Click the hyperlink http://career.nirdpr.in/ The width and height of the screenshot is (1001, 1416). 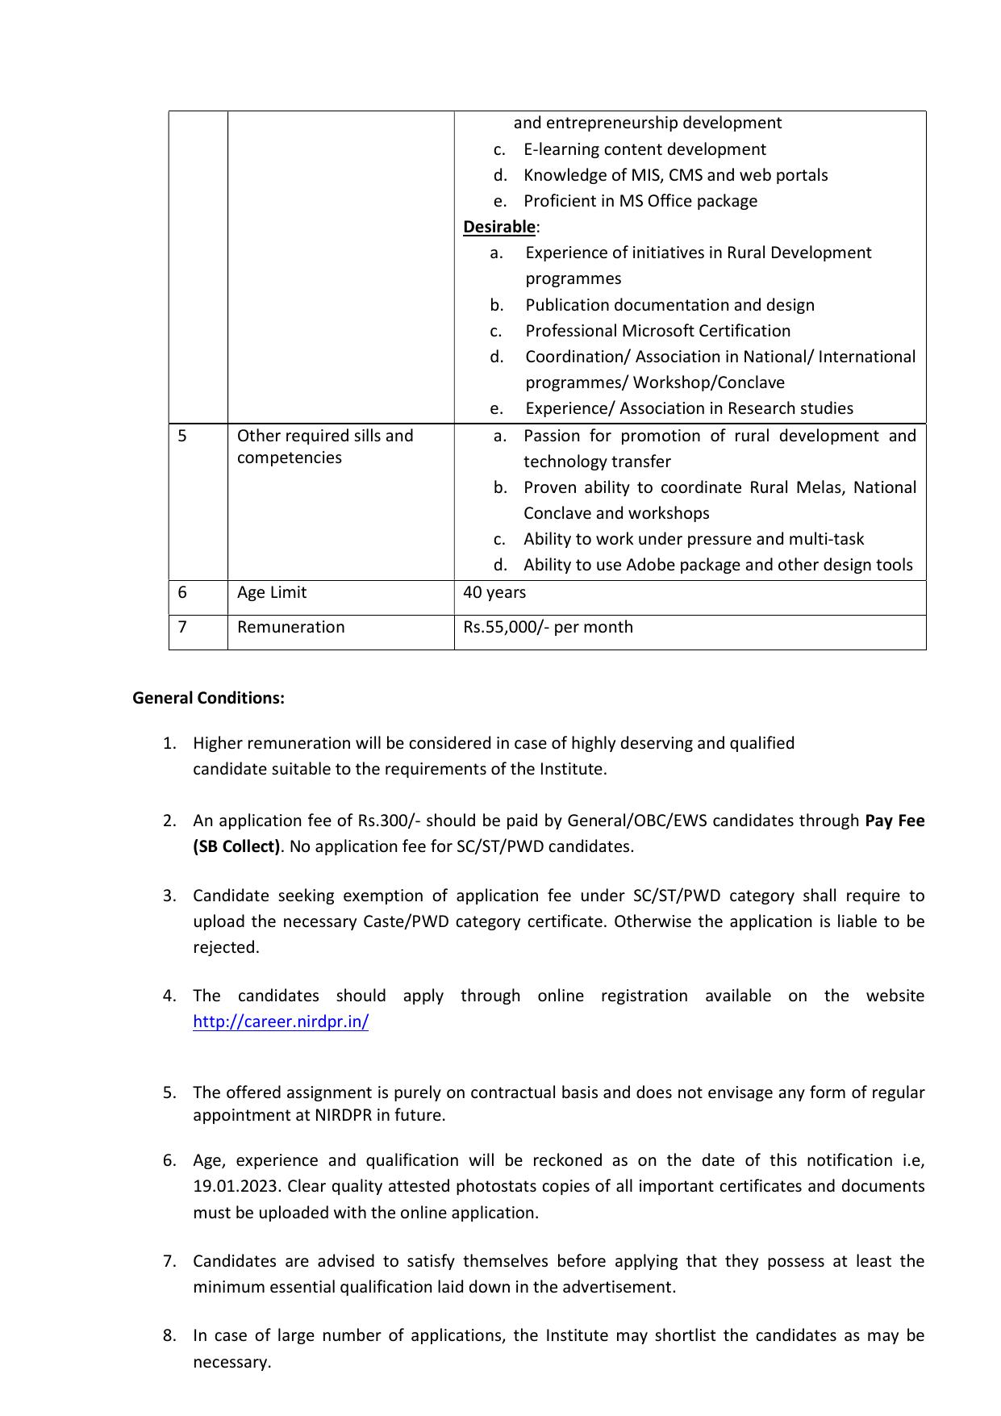[280, 1021]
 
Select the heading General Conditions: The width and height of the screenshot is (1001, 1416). [208, 698]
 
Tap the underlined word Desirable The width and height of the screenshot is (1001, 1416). [498, 227]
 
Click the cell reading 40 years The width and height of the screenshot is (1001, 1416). [494, 592]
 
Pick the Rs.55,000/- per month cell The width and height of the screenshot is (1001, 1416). [548, 627]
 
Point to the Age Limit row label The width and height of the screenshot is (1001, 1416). [271, 592]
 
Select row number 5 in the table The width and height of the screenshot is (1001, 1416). [182, 436]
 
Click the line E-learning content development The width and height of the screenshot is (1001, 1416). [644, 149]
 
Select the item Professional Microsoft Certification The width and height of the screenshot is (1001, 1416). [657, 331]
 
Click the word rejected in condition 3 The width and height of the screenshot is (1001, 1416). [225, 947]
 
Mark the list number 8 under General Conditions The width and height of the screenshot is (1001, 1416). [169, 1335]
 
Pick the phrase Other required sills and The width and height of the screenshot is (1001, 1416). [324, 436]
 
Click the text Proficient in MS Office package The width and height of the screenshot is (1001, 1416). [640, 201]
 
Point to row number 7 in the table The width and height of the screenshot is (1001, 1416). [182, 627]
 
